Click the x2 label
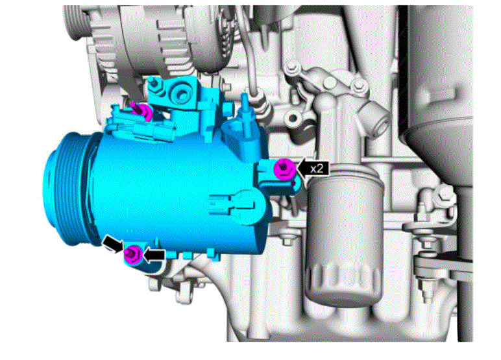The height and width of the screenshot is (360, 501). (317, 169)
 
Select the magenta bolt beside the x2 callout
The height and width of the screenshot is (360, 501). (284, 169)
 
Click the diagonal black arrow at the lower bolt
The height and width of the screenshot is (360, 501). (113, 244)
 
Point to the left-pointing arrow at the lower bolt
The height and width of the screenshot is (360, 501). (154, 254)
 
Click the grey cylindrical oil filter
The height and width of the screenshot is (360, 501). (343, 240)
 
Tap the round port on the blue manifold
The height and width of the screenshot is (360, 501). (179, 94)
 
